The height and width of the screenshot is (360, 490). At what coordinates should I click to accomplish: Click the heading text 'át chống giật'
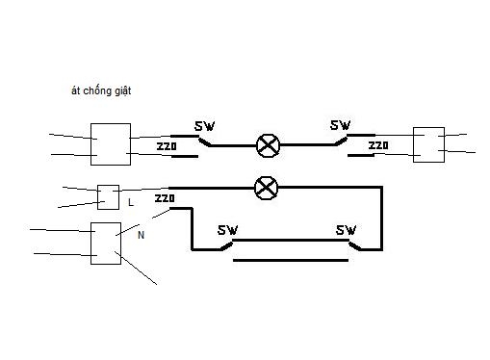point(101,90)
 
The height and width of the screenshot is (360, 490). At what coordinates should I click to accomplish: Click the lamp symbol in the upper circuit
point(268,145)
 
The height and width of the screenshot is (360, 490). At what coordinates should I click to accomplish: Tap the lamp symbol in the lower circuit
point(266,188)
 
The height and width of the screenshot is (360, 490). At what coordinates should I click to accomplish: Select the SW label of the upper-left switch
point(205,126)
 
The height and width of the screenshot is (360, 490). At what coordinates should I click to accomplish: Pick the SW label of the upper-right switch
point(341,125)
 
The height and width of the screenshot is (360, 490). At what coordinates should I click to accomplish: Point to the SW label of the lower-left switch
point(228,230)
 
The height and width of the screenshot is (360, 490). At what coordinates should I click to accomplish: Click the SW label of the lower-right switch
point(347,230)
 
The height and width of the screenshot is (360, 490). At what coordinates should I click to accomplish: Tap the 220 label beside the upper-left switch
point(167,146)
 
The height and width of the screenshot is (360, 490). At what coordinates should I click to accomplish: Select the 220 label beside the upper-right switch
point(378,145)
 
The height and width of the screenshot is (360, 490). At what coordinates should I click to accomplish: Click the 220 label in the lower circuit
point(165,198)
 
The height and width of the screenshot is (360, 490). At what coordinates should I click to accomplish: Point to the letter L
point(131,202)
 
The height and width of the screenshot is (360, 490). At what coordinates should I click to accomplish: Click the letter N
point(141,235)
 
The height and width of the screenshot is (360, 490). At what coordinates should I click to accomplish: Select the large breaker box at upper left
point(111,144)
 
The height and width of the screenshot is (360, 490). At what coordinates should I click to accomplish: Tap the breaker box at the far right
point(428,144)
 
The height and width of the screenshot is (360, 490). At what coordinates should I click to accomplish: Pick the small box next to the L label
point(108,197)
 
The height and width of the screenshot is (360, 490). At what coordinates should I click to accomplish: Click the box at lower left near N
point(106,244)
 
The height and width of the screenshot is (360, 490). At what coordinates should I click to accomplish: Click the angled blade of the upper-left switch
point(205,141)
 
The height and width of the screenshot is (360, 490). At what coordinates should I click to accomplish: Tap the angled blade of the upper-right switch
point(341,141)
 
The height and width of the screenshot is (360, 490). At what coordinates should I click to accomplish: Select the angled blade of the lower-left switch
point(226,245)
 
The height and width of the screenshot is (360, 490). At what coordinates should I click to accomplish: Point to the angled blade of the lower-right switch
point(355,245)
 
